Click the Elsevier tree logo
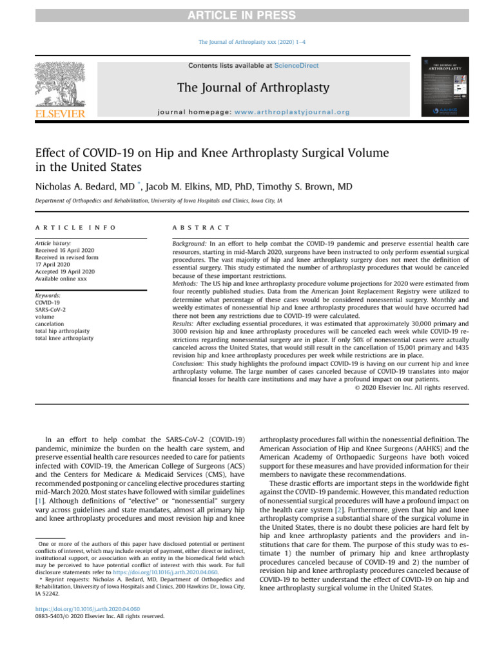tap(59, 88)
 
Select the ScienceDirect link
tap(296, 66)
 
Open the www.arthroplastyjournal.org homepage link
tap(292, 112)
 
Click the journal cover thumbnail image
tap(444, 86)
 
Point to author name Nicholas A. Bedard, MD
tap(84, 187)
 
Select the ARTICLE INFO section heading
tap(75, 228)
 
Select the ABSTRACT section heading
tap(201, 228)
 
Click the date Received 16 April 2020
tap(64, 250)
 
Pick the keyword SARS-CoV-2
tap(50, 309)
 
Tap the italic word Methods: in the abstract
tap(186, 284)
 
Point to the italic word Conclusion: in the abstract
tap(189, 364)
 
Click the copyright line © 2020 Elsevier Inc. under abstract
tap(412, 387)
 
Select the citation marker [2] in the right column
tap(338, 509)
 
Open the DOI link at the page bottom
tap(87, 608)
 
